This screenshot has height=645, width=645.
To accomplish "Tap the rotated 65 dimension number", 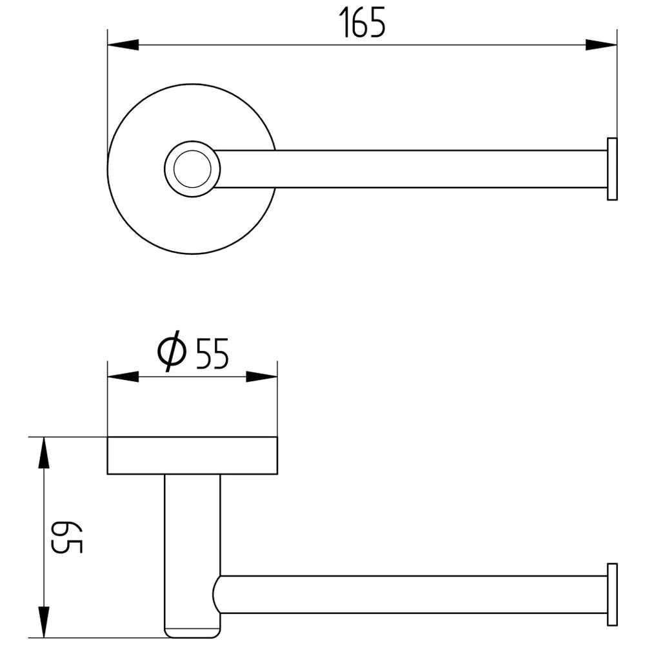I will coord(67,537).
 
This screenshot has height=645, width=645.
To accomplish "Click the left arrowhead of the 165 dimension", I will coord(123,45).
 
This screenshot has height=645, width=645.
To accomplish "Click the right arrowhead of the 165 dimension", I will coord(601,45).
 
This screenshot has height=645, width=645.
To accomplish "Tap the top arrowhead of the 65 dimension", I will coord(43,452).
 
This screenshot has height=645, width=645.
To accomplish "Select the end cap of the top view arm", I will coord(612,169).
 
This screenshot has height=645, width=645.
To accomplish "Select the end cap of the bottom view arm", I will coord(612,594).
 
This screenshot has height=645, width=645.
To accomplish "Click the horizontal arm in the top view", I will coord(413,169).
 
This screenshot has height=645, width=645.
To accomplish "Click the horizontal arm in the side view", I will coord(413,594).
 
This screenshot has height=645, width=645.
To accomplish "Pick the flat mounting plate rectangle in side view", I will coord(192,456).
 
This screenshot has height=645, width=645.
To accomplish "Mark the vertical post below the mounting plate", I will coord(192,529).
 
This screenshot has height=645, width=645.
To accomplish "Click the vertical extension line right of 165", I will coord(617,84).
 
